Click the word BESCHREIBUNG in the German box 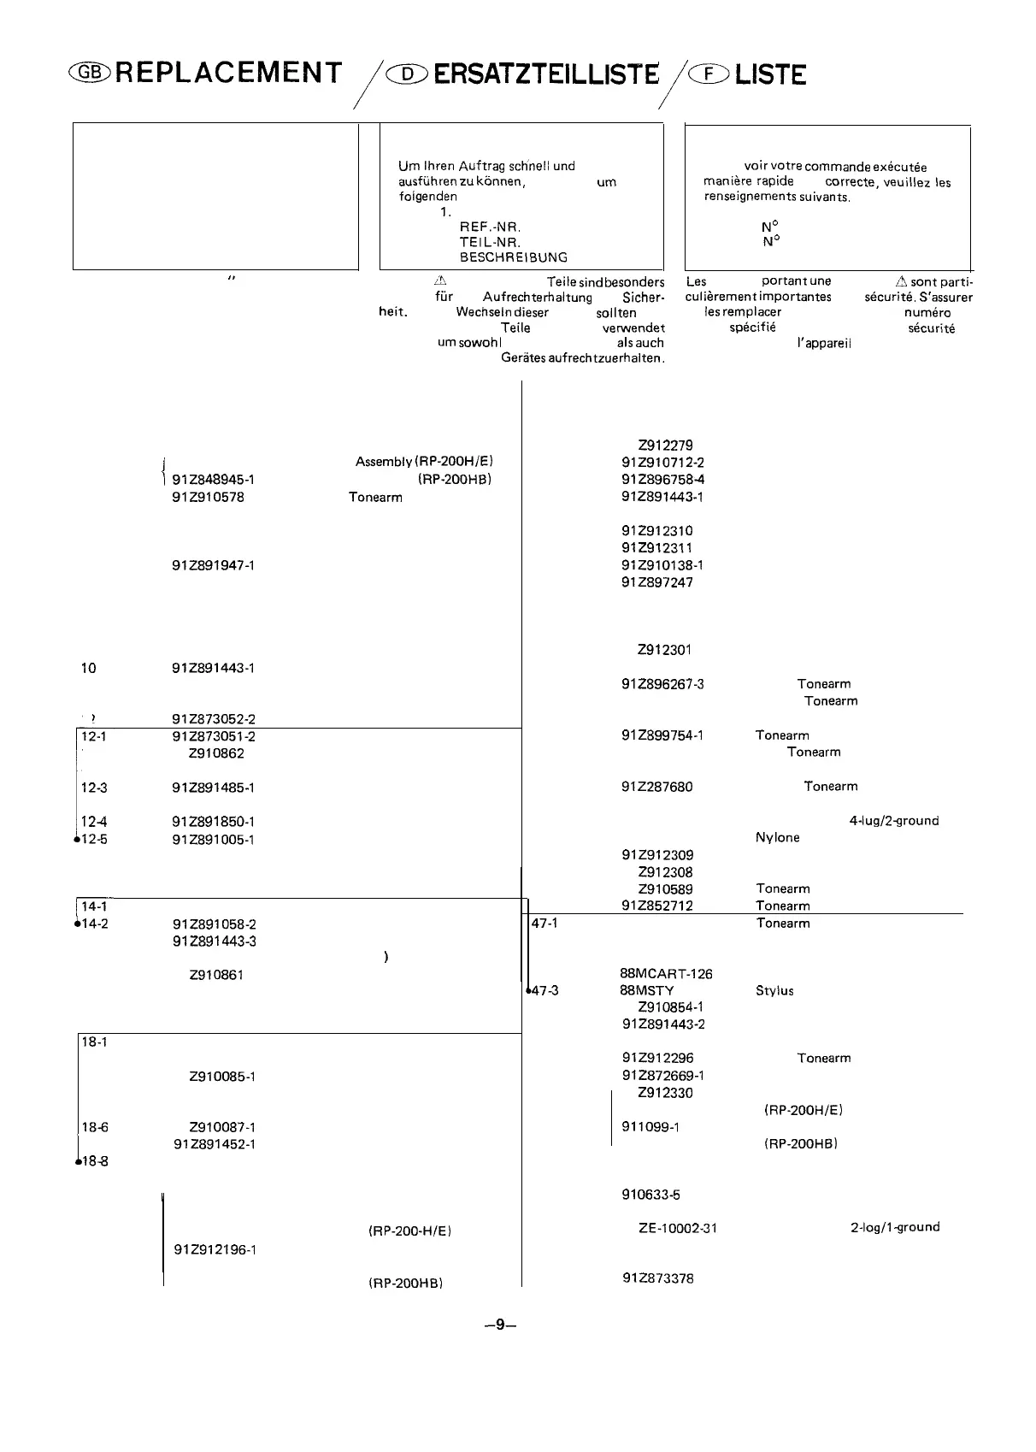pyautogui.click(x=513, y=257)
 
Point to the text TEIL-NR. pyautogui.click(x=490, y=242)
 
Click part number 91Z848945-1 pyautogui.click(x=213, y=480)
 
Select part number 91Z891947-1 pyautogui.click(x=213, y=565)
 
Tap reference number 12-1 pyautogui.click(x=93, y=736)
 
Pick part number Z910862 pyautogui.click(x=216, y=753)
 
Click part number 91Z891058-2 pyautogui.click(x=214, y=924)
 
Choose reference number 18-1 pyautogui.click(x=93, y=1042)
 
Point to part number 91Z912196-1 pyautogui.click(x=215, y=1249)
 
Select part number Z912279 pyautogui.click(x=665, y=446)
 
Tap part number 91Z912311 pyautogui.click(x=656, y=548)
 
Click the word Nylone pyautogui.click(x=777, y=838)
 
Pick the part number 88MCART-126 pyautogui.click(x=666, y=974)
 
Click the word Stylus pyautogui.click(x=774, y=991)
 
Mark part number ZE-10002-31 pyautogui.click(x=678, y=1228)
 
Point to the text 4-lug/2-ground pyautogui.click(x=893, y=821)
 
